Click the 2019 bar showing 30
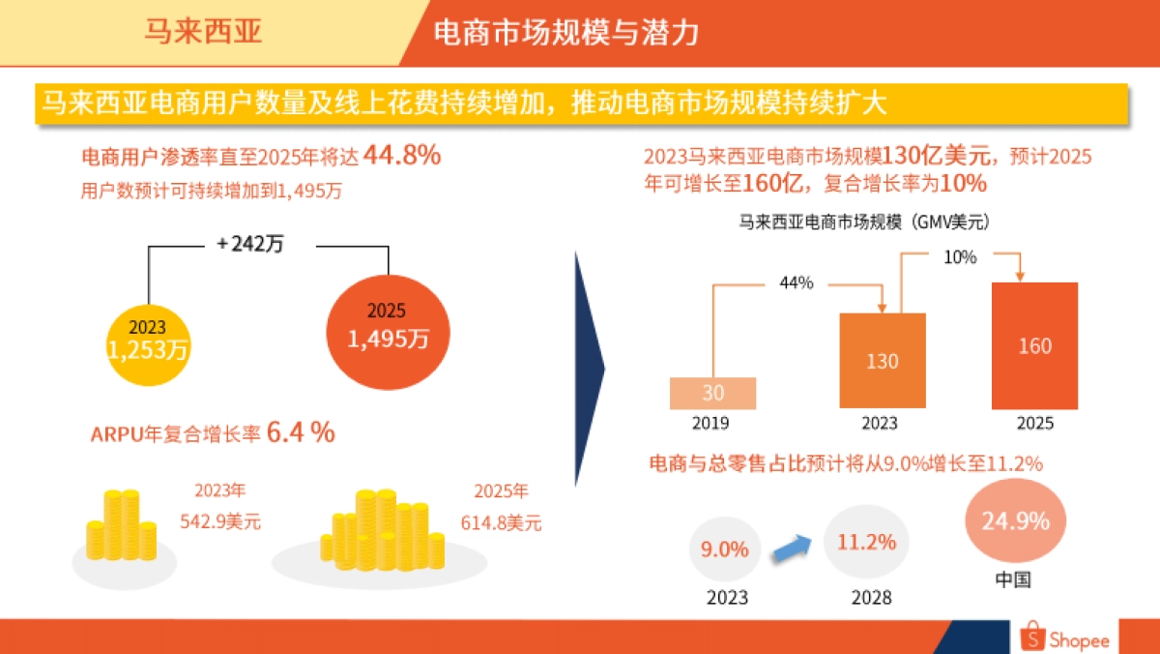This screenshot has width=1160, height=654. pyautogui.click(x=712, y=393)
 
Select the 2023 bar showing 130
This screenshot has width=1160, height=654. pyautogui.click(x=883, y=361)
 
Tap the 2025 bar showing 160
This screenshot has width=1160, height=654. pyautogui.click(x=1034, y=345)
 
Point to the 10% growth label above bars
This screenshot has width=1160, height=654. pyautogui.click(x=960, y=258)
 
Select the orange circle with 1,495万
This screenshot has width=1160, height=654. pyautogui.click(x=389, y=327)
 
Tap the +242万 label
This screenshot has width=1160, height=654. pyautogui.click(x=249, y=245)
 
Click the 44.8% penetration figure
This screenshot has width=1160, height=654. pyautogui.click(x=401, y=155)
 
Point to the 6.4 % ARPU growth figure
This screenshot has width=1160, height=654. pyautogui.click(x=301, y=433)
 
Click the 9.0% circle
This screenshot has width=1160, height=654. pyautogui.click(x=725, y=550)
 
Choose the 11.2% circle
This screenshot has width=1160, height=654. pyautogui.click(x=867, y=542)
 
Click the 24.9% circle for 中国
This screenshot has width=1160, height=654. pyautogui.click(x=1014, y=522)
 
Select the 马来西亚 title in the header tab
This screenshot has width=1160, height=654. pyautogui.click(x=203, y=32)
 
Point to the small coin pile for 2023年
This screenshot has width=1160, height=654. pyautogui.click(x=120, y=527)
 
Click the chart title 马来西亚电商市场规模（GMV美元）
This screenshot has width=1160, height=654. pyautogui.click(x=864, y=222)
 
